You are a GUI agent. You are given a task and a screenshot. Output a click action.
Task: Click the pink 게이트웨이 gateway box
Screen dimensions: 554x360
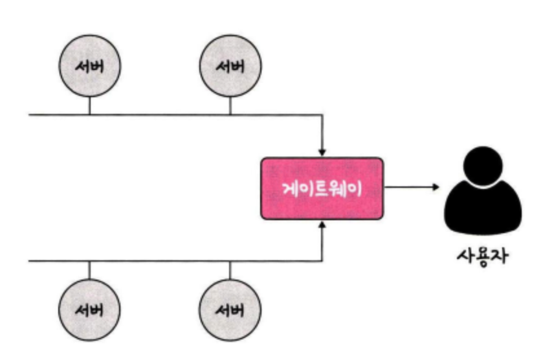(x=322, y=188)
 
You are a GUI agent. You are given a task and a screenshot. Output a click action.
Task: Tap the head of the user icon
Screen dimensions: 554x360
(x=483, y=166)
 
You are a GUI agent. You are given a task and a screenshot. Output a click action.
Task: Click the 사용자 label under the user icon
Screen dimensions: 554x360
(x=483, y=255)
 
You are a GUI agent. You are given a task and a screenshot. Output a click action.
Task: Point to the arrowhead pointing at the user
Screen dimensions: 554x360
(x=436, y=187)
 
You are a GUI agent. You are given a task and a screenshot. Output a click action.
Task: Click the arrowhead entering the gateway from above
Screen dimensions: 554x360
(x=322, y=152)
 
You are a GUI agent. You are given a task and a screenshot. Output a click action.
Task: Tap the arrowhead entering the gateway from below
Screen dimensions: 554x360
(x=322, y=225)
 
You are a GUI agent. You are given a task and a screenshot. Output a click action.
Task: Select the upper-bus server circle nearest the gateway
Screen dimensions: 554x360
(x=230, y=66)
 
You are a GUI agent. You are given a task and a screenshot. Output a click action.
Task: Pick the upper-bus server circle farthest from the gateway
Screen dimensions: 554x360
(x=90, y=66)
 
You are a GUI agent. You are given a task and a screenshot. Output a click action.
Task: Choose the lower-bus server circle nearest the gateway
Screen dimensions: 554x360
(x=230, y=310)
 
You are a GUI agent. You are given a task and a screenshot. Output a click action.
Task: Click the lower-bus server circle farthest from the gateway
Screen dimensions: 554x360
(x=89, y=310)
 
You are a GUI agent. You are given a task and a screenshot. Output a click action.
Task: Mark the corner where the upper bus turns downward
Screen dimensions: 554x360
(x=322, y=115)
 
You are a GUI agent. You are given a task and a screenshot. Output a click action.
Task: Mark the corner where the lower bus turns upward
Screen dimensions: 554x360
(x=322, y=261)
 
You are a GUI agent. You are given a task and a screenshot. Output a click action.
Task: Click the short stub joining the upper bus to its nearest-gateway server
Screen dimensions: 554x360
(x=230, y=106)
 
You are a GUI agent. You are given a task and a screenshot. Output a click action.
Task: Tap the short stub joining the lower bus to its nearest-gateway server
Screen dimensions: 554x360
(x=230, y=270)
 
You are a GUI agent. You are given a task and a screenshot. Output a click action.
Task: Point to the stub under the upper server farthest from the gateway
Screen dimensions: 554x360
(x=90, y=106)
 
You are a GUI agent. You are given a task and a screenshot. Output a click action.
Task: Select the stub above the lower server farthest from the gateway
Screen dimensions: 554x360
(x=89, y=270)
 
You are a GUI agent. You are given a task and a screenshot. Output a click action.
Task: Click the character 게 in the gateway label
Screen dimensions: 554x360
(x=290, y=188)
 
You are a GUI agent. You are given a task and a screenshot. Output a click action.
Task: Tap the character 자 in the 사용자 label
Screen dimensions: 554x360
(x=500, y=255)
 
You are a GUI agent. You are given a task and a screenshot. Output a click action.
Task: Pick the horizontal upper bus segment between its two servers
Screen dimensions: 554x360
(x=160, y=115)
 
